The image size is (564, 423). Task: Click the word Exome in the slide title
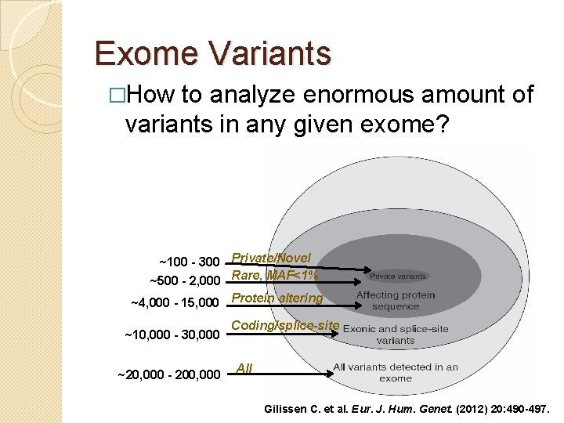[145, 53]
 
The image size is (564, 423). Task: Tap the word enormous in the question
[348, 96]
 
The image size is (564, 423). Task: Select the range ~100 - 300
[189, 260]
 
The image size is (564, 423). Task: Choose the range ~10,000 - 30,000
[172, 335]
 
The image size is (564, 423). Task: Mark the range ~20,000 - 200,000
[168, 375]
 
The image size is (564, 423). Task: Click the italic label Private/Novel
[271, 258]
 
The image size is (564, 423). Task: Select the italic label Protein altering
[277, 298]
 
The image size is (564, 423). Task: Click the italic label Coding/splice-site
[285, 325]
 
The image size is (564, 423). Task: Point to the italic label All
[244, 367]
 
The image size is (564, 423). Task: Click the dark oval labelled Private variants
[398, 276]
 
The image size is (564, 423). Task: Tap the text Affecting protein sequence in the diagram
[396, 301]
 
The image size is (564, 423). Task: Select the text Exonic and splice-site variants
[396, 334]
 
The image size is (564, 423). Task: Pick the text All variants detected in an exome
[396, 372]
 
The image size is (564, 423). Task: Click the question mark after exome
[442, 124]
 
